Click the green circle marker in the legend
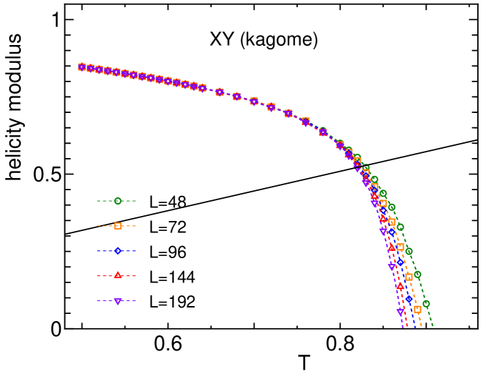click(x=118, y=201)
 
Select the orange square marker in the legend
click(x=118, y=226)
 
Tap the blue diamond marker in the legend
click(x=118, y=251)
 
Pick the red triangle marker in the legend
click(x=118, y=275)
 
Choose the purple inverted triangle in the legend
click(x=118, y=301)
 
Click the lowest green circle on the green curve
click(x=426, y=304)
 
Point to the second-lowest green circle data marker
click(x=417, y=275)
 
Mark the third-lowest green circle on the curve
click(x=409, y=251)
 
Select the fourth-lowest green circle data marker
click(x=400, y=227)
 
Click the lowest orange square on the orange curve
click(x=417, y=310)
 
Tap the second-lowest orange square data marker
click(x=409, y=277)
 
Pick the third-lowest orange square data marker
click(x=400, y=247)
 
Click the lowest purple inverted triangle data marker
click(x=400, y=312)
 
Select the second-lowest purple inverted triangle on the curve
click(x=392, y=267)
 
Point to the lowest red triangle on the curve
click(x=400, y=286)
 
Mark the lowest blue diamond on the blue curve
click(x=409, y=299)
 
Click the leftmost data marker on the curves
click(x=82, y=67)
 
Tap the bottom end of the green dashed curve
click(x=433, y=328)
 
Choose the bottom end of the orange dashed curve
click(x=422, y=328)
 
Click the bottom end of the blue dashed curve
click(x=415, y=328)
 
